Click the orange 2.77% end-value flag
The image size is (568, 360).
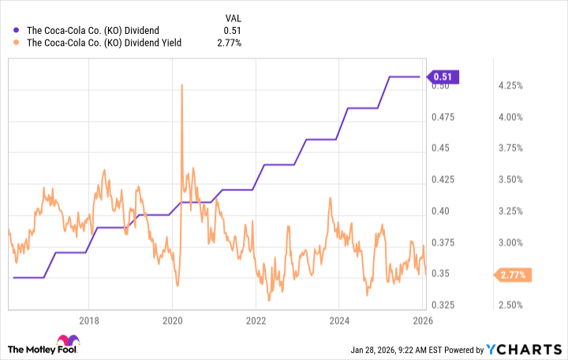(514, 275)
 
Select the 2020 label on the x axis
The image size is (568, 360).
(172, 321)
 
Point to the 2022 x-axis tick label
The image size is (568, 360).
(255, 321)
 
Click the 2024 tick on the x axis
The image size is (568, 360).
(338, 321)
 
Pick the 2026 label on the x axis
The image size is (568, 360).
(421, 321)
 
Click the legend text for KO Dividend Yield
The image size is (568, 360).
(105, 43)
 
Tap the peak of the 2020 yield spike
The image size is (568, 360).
(182, 84)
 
